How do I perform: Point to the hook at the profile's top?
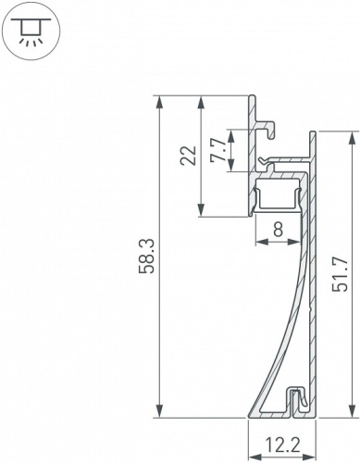click(x=269, y=126)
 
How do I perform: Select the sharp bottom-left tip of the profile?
click(x=250, y=414)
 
